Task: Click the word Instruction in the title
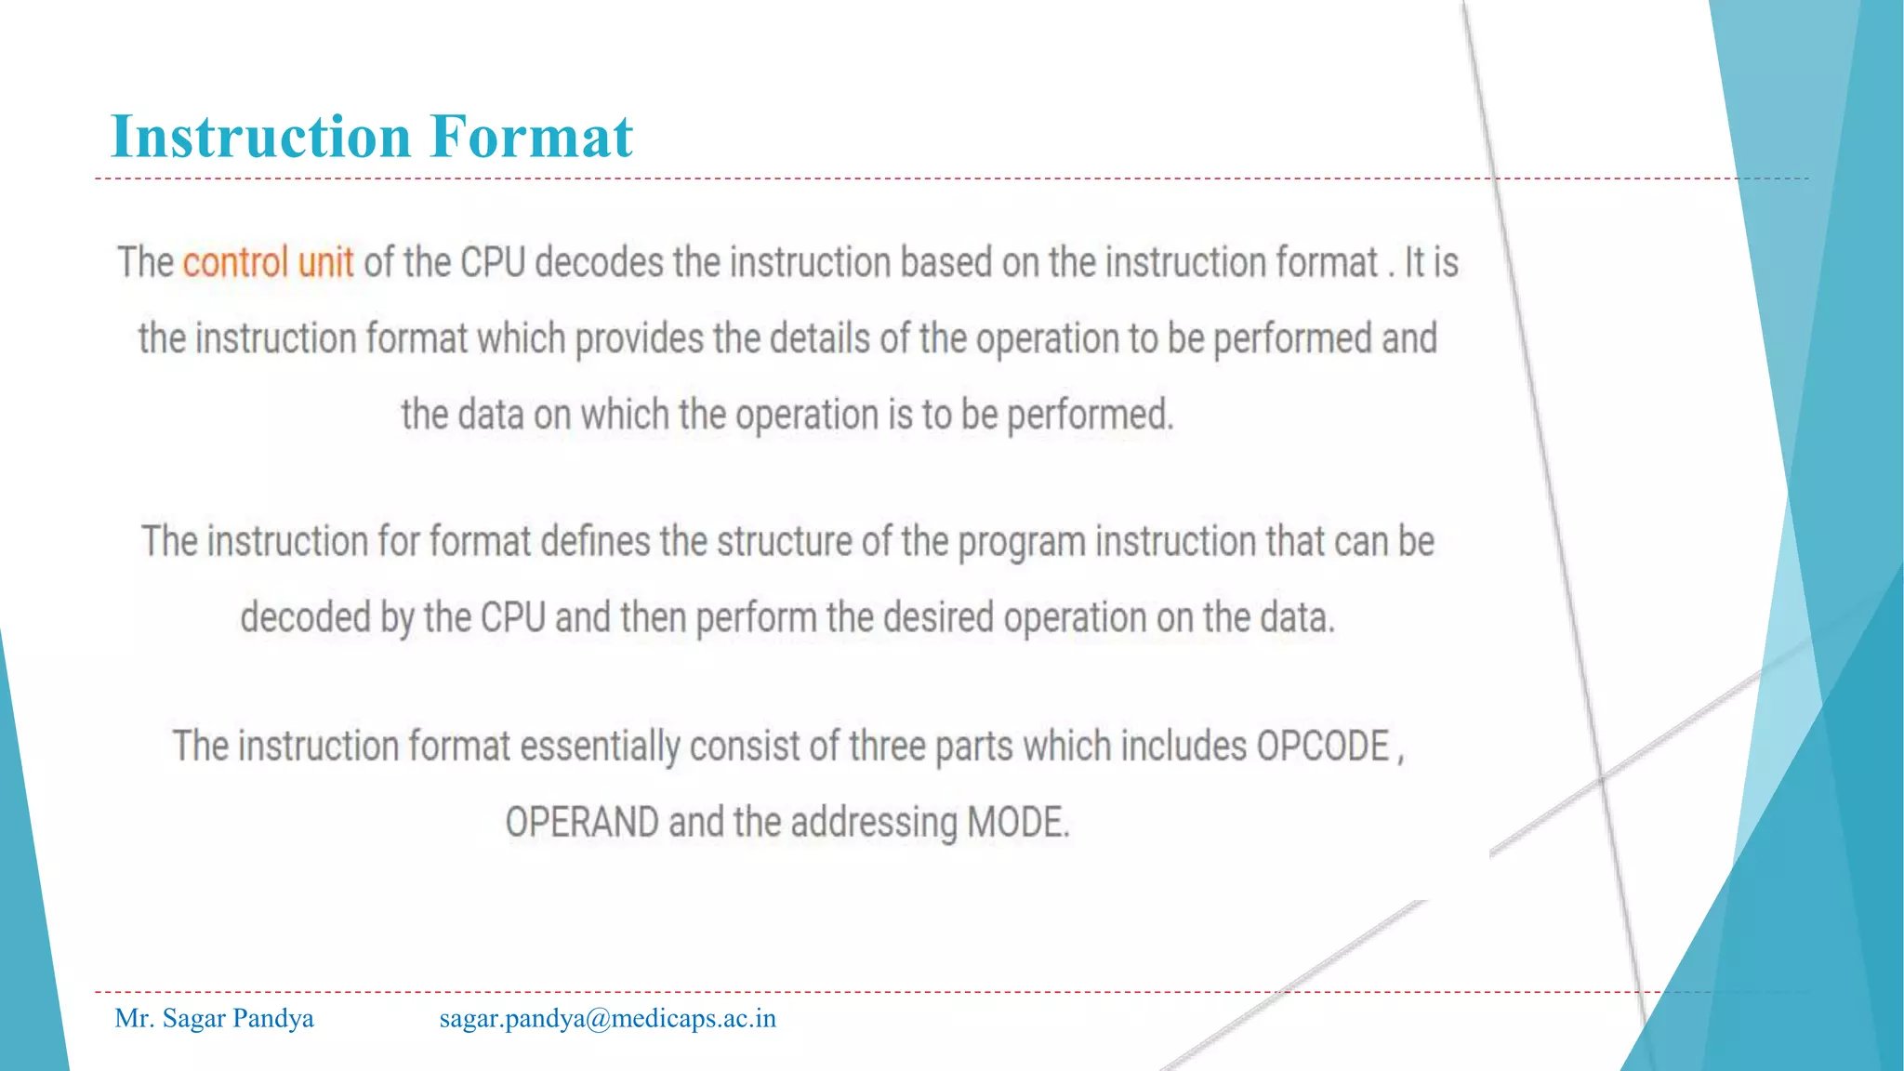[260, 137]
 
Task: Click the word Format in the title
[531, 137]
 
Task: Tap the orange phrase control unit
[268, 262]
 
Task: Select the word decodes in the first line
[599, 262]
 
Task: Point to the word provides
[639, 339]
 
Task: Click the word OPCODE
[1322, 747]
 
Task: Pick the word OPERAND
[582, 823]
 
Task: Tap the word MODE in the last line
[1017, 823]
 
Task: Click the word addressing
[874, 823]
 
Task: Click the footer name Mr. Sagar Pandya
[214, 1019]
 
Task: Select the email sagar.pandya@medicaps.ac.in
[607, 1019]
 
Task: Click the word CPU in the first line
[493, 262]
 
